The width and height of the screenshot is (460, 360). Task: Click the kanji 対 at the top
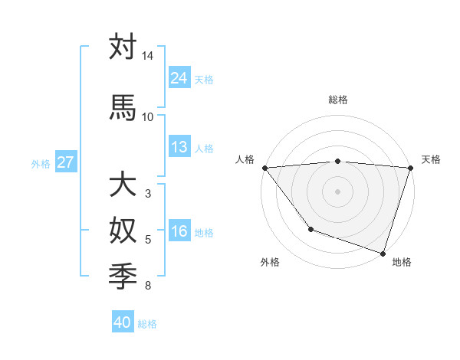click(123, 47)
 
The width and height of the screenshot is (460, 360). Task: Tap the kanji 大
click(123, 185)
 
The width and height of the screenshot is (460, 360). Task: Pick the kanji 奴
click(123, 230)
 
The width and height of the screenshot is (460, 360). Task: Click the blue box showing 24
click(179, 78)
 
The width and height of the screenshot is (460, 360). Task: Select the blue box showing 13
click(179, 147)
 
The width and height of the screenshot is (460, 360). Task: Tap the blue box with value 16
click(179, 232)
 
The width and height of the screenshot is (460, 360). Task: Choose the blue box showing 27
click(65, 162)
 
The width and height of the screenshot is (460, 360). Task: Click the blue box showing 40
click(123, 322)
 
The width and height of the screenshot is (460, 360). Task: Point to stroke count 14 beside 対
click(147, 57)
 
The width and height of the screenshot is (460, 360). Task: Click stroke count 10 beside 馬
click(147, 116)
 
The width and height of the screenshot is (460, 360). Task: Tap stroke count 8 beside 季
click(147, 286)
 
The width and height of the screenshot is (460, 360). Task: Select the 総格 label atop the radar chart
click(337, 100)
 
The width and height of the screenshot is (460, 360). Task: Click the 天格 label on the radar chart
click(431, 159)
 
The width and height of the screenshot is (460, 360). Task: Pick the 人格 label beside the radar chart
click(245, 159)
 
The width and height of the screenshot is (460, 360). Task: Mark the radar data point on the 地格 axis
click(383, 253)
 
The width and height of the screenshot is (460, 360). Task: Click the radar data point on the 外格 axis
click(310, 229)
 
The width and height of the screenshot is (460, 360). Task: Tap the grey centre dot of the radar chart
click(337, 191)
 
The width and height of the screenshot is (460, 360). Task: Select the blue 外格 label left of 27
click(40, 163)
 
